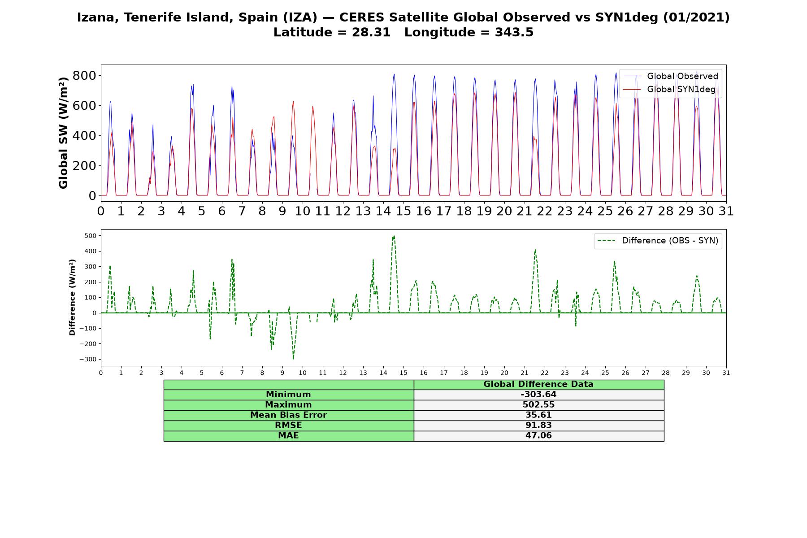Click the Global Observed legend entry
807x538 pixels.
coord(670,76)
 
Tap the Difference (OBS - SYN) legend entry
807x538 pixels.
coord(658,241)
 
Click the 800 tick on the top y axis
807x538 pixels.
coord(84,75)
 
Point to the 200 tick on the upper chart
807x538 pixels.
coord(84,165)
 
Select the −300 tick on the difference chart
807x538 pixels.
coord(88,360)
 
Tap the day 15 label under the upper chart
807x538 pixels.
coord(403,211)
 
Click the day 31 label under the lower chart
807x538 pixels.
coord(726,373)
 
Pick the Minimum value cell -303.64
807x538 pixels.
coord(538,395)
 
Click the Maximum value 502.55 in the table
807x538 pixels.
coord(538,405)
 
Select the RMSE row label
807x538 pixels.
coord(288,425)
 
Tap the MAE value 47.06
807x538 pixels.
coord(538,436)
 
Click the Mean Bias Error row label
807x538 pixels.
coord(288,415)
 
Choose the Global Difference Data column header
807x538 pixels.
coord(538,384)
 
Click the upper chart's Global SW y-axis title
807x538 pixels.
coord(63,133)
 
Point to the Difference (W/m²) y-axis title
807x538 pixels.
coord(72,298)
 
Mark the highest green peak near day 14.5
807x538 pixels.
coord(394,236)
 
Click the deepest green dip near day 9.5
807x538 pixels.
coord(293,359)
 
